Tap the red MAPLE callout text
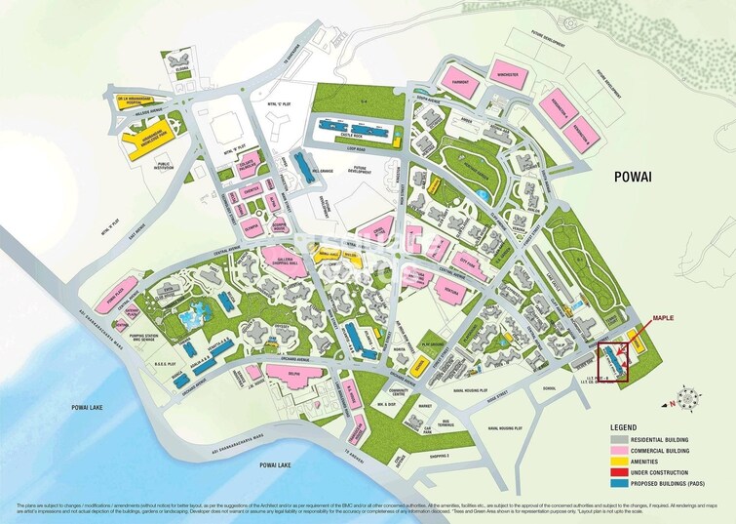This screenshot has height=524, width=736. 663,318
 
